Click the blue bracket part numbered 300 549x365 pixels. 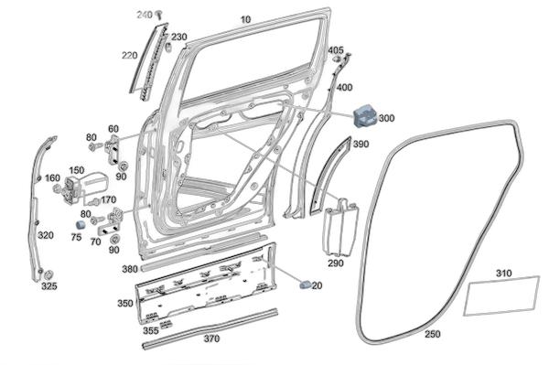pos(365,115)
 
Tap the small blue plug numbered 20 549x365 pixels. pos(306,284)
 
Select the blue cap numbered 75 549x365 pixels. pos(81,225)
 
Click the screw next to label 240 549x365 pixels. pos(160,15)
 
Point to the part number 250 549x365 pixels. pos(433,334)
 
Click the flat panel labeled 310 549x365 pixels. pos(501,295)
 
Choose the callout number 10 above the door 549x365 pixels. pos(246,19)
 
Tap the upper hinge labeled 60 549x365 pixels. pos(113,150)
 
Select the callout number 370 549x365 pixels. pos(212,338)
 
